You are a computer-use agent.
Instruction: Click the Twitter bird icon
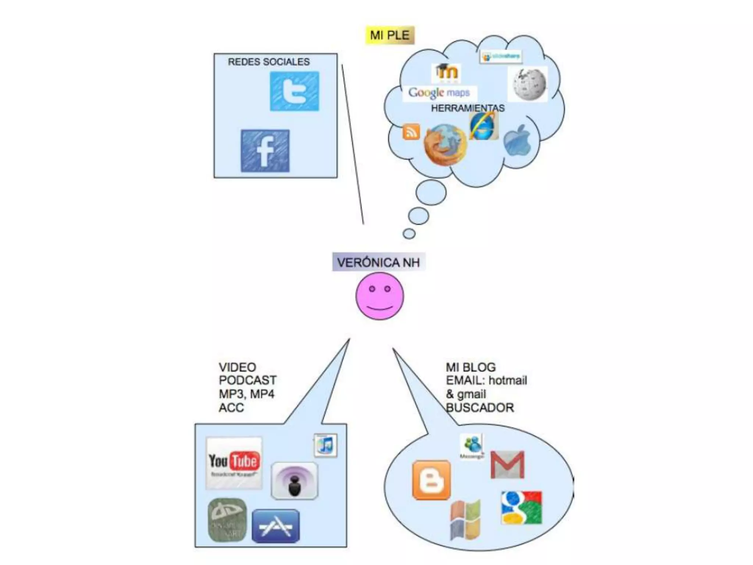295,91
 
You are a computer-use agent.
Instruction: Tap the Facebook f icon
265,151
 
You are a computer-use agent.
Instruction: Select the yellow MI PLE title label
390,35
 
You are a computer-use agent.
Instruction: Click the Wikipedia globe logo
528,84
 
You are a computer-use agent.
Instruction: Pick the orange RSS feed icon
411,132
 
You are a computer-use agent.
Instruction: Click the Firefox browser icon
445,145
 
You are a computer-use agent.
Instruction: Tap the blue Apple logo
517,141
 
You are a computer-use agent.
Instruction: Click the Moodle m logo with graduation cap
446,72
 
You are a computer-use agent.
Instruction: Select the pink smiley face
379,296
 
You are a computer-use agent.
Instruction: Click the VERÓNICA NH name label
379,262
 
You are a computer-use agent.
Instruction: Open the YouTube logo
234,462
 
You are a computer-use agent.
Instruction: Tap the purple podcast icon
295,481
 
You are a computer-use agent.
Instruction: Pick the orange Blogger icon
432,480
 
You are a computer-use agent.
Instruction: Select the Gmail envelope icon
507,465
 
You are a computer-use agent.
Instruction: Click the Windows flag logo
466,519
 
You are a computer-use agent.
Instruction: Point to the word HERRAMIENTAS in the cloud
468,108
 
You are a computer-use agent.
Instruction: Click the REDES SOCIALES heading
269,62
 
